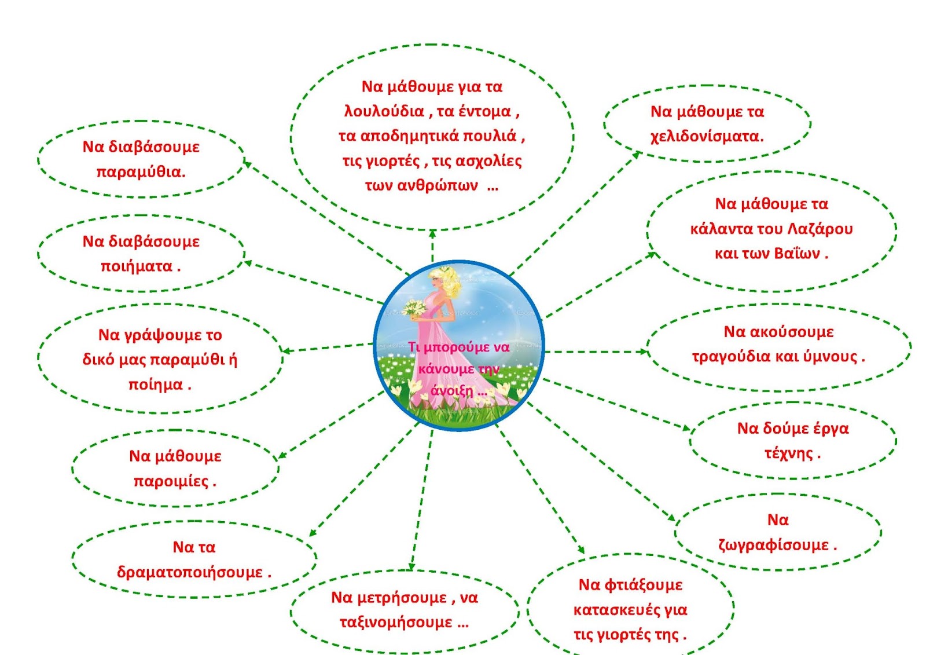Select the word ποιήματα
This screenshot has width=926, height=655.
tap(137, 266)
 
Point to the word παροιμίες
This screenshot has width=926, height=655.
tap(170, 481)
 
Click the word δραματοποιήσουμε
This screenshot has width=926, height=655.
tap(190, 573)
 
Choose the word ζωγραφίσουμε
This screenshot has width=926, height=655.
tap(773, 546)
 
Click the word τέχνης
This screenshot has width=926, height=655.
tap(788, 453)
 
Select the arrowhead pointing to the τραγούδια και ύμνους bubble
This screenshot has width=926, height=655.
tap(642, 352)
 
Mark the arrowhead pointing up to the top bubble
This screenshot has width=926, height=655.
tap(432, 234)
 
